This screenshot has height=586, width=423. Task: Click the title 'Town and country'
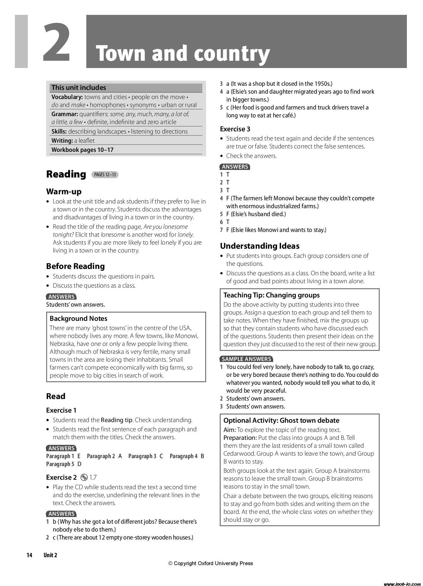click(x=183, y=53)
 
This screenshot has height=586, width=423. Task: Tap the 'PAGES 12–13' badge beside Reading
click(x=105, y=174)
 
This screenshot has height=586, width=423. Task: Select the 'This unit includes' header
click(x=79, y=88)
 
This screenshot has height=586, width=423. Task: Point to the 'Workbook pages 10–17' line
click(x=82, y=150)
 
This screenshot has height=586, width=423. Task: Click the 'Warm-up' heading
click(x=64, y=191)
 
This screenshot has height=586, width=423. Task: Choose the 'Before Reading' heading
click(x=75, y=266)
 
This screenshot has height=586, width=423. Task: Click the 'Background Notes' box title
click(x=78, y=318)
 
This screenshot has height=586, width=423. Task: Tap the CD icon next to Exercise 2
click(x=84, y=477)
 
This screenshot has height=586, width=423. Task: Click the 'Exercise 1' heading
click(x=61, y=410)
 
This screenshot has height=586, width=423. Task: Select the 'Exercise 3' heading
click(x=235, y=129)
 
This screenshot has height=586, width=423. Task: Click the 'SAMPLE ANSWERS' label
click(x=246, y=359)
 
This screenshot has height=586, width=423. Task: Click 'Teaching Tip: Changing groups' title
click(x=272, y=295)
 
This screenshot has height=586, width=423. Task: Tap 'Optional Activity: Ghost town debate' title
click(x=281, y=420)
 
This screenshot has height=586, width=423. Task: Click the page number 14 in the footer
click(x=29, y=555)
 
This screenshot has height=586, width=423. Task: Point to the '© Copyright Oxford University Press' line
click(x=211, y=563)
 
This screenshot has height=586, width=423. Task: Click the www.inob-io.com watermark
click(x=402, y=584)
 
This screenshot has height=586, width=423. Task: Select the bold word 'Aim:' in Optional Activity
click(x=230, y=430)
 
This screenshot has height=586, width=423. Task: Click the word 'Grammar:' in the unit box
click(x=64, y=114)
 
